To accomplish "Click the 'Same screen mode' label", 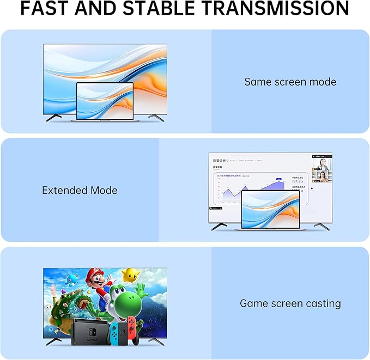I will point(290,82).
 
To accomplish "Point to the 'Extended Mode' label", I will point(80,191).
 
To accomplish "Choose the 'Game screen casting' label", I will point(290,303).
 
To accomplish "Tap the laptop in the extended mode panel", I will point(270,210).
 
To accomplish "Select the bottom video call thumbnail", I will point(321,178).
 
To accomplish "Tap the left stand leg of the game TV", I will point(53,342).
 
